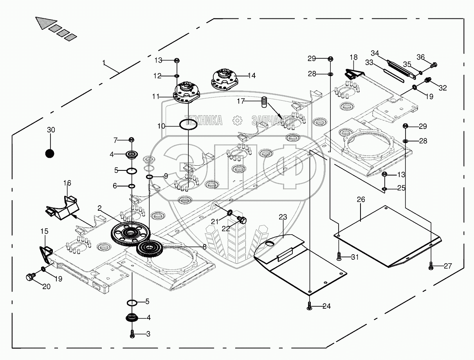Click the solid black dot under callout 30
pos(50,154)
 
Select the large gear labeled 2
pos(130,233)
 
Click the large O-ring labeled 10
pos(188,125)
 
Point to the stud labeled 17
pos(264,102)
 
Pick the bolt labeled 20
pos(31,277)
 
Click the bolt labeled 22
pos(242,220)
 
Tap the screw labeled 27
pos(431,266)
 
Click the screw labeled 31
pos(339,257)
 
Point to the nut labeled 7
pos(131,139)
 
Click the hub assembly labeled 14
pos(225,80)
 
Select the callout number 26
pos(361,199)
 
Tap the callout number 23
pos(283,217)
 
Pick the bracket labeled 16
pos(62,208)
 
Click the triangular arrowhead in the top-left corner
pos(47,23)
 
